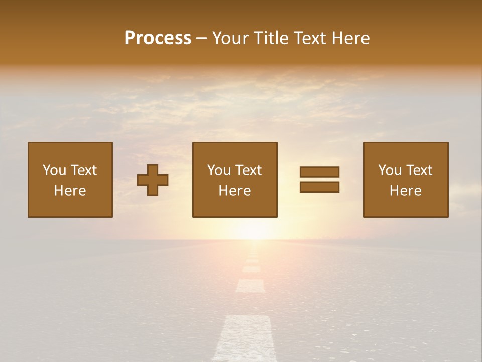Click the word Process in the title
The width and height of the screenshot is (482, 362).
[158, 38]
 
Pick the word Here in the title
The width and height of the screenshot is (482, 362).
[352, 38]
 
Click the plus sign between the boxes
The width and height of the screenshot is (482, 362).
[153, 180]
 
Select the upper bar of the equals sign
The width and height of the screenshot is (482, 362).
[319, 172]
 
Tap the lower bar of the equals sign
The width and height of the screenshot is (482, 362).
[319, 187]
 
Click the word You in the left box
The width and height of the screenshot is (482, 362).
[54, 170]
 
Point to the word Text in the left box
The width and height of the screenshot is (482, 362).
[83, 170]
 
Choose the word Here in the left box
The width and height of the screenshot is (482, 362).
[70, 191]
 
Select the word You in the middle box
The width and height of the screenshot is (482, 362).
[219, 170]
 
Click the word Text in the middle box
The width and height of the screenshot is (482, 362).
[248, 170]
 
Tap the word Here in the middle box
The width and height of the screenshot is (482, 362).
[234, 191]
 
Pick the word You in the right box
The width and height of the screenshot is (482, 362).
[390, 170]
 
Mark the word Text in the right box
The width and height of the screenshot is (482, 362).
[419, 170]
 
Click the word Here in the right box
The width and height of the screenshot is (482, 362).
[405, 191]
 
